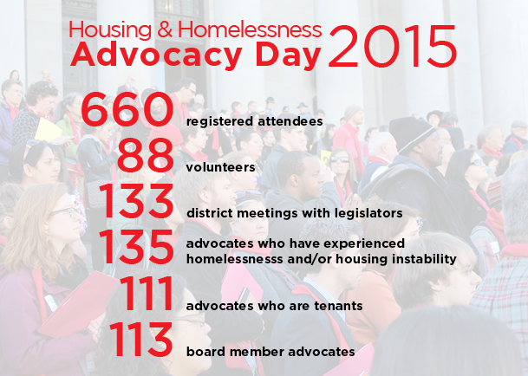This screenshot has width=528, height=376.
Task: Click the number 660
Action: coord(127,110)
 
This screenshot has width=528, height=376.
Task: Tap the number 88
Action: coord(146,156)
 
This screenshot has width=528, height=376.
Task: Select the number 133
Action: coord(136,202)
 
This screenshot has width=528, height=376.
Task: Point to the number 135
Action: coord(136,247)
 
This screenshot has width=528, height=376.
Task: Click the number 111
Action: coord(147,293)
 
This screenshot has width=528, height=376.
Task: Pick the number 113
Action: coord(140,340)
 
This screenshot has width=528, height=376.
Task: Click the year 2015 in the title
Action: coord(392,46)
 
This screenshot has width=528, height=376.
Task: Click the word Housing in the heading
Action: coord(110,31)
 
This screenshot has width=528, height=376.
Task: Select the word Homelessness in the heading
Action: coord(250,29)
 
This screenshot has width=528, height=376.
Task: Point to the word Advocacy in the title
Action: coord(157,55)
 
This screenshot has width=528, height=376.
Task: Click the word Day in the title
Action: coord(289,57)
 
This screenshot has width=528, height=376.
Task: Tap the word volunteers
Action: coord(220,167)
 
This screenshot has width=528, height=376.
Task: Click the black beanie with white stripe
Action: coord(410,133)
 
